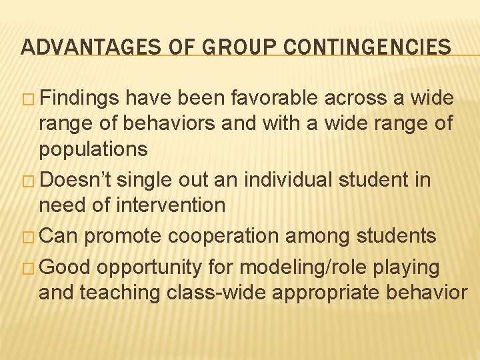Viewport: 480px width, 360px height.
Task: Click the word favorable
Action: [x=275, y=99]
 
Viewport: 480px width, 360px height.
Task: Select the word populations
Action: [x=93, y=149]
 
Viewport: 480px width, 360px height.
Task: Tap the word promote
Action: [x=125, y=235]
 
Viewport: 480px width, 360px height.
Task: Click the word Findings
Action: [x=83, y=99]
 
